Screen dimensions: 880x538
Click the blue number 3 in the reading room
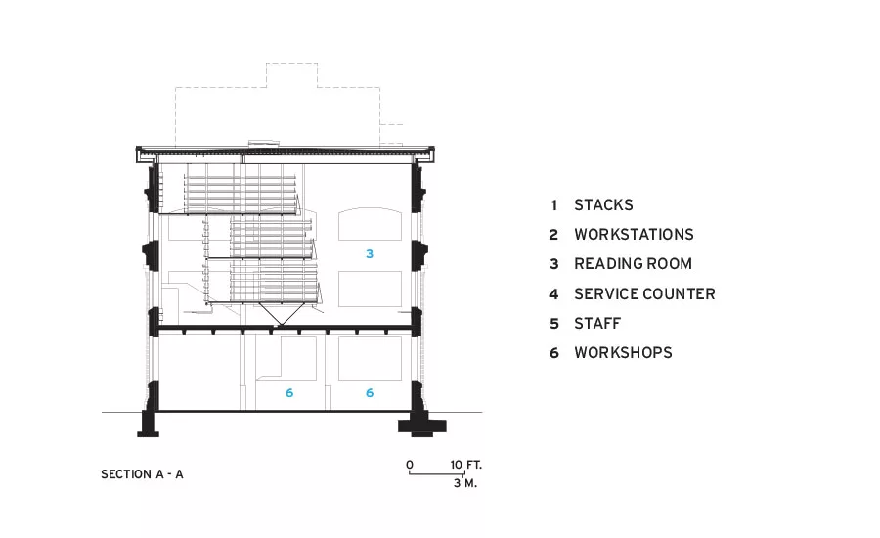point(370,253)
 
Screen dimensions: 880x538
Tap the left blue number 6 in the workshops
point(289,393)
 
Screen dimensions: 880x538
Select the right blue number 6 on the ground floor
point(370,393)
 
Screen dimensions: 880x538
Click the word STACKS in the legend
point(603,205)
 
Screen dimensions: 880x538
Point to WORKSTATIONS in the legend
point(634,234)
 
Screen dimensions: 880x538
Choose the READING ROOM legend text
point(633,264)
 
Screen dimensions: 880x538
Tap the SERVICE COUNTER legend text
point(644,293)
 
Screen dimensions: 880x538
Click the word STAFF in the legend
point(597,324)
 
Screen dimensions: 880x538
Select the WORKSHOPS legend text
point(623,353)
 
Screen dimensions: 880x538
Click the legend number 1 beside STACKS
point(554,205)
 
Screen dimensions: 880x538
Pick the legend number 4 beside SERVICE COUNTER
point(554,294)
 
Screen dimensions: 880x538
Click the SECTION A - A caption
point(142,474)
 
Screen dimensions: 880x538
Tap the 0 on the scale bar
point(410,465)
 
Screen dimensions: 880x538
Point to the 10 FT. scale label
point(465,465)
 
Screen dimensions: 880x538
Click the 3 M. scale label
point(465,483)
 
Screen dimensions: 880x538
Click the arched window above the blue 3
point(370,209)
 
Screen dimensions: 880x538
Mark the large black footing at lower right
point(422,425)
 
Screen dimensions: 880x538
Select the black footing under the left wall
point(149,425)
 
